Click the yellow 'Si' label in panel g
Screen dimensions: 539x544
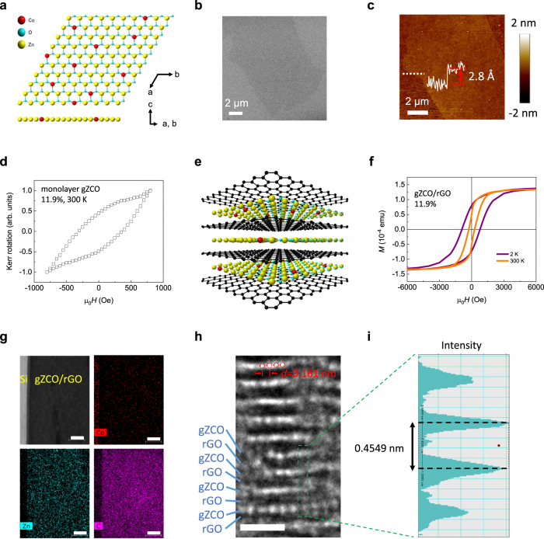(x=22, y=358)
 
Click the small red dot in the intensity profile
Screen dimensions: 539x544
(x=500, y=445)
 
